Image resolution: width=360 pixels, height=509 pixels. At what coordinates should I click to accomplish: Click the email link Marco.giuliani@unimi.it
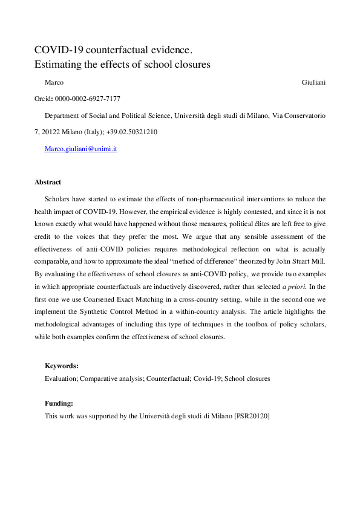(x=80, y=148)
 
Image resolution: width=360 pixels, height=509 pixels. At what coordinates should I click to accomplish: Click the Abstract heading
(x=48, y=182)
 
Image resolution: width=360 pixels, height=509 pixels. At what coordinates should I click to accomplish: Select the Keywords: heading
(x=62, y=366)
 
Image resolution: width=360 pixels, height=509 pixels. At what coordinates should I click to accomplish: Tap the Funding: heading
(x=59, y=402)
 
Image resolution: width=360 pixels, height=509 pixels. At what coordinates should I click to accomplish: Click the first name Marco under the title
(x=54, y=82)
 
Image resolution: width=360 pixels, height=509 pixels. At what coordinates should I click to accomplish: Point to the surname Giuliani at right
(x=313, y=82)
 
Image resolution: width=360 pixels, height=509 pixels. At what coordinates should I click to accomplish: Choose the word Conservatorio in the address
(x=304, y=115)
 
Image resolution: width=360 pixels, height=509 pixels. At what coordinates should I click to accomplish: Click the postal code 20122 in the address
(x=54, y=132)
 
